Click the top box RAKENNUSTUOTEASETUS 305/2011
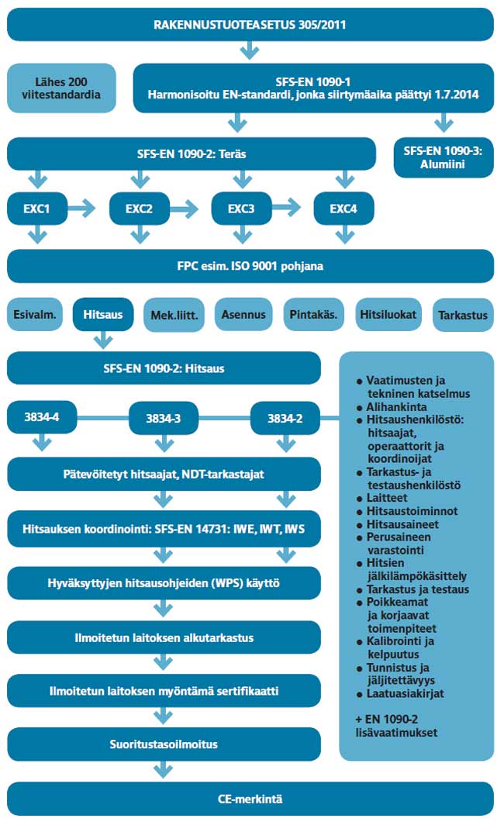click(x=250, y=24)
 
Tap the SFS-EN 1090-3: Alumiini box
click(x=444, y=157)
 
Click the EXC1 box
click(x=36, y=209)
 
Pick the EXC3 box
click(x=241, y=209)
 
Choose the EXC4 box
click(x=343, y=209)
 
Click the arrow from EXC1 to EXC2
click(x=83, y=209)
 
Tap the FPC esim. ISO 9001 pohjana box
click(x=250, y=266)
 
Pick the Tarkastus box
click(x=463, y=316)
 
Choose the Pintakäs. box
click(x=314, y=315)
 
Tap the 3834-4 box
click(x=37, y=419)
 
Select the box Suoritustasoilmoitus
click(x=163, y=744)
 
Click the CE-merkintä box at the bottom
click(x=250, y=798)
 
